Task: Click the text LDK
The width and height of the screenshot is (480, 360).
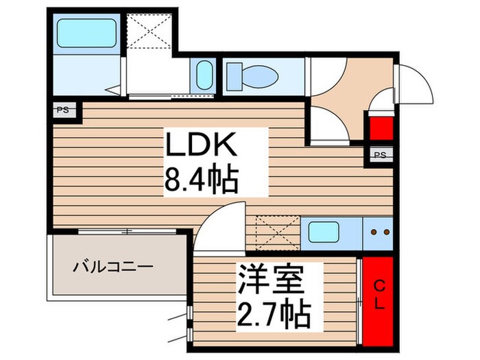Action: point(200,146)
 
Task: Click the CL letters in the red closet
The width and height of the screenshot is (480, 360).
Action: point(379,293)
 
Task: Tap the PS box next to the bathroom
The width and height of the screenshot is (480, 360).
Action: point(62,109)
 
